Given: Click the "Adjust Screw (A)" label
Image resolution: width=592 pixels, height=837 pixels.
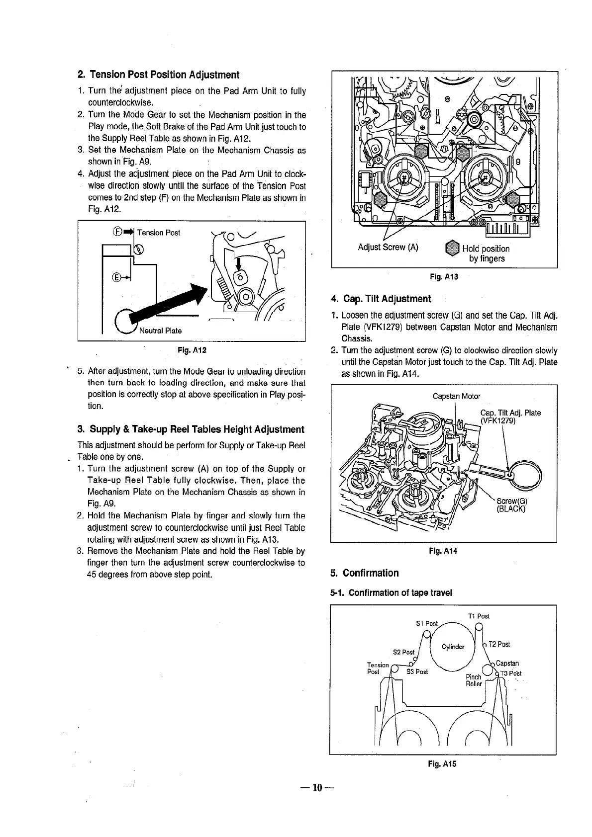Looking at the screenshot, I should coord(388,248).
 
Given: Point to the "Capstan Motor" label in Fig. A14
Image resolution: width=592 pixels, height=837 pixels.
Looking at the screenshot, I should coord(457,396).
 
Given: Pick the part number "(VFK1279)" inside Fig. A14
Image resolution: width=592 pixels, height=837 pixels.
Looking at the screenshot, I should coord(498,420).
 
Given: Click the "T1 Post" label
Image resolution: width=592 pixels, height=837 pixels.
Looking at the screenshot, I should coord(479,616).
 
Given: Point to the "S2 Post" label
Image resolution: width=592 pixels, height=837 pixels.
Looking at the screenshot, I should coord(403,652).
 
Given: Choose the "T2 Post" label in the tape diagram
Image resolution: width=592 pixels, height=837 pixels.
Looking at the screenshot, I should coord(499,645).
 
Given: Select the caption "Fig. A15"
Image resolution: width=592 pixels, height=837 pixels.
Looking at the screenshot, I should coord(442,764).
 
